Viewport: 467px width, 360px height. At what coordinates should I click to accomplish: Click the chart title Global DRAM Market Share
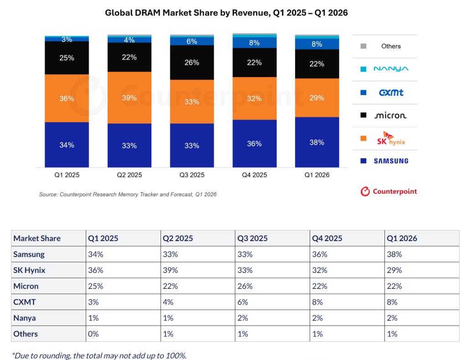tap(226, 13)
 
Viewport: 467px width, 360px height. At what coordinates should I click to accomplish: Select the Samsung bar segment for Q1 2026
tap(317, 142)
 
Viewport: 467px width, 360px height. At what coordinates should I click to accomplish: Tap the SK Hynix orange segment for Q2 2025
tap(129, 98)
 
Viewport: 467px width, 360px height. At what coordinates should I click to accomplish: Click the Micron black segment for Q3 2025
tap(192, 62)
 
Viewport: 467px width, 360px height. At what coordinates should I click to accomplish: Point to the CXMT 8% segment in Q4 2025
tap(254, 42)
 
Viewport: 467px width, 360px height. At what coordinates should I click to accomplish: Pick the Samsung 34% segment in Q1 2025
tap(67, 145)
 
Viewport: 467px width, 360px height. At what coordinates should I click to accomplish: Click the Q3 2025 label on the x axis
tap(192, 175)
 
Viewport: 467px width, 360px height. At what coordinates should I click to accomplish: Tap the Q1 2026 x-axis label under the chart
tap(317, 175)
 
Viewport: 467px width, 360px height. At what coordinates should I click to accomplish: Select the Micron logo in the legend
tap(390, 115)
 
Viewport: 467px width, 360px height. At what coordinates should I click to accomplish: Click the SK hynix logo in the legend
tap(391, 139)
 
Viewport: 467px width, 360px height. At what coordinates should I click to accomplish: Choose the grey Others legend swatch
tap(363, 46)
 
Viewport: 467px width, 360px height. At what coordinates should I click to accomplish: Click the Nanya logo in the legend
tap(391, 69)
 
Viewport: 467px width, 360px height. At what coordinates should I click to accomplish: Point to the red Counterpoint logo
tap(389, 191)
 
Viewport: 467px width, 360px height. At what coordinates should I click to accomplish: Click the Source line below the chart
tap(128, 195)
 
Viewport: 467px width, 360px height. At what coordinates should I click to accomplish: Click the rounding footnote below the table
tap(99, 355)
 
